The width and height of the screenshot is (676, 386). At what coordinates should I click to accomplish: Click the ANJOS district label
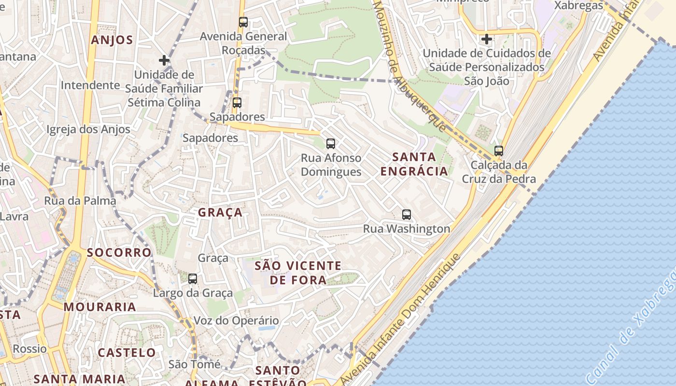112,40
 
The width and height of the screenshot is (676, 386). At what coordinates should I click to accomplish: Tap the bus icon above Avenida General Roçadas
243,22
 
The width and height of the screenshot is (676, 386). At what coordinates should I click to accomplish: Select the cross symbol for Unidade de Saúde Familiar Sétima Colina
164,60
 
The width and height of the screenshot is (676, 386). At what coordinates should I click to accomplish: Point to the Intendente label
90,85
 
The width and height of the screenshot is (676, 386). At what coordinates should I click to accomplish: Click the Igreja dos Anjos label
88,129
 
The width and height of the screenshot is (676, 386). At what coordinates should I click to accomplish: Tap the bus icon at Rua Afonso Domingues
331,143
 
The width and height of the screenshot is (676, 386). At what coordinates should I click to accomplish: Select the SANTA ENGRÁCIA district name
414,164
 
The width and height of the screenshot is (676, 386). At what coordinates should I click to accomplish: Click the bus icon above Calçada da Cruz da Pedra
499,151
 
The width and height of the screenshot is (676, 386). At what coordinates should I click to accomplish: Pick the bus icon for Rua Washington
407,215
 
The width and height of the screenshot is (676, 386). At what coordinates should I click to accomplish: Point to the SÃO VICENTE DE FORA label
298,273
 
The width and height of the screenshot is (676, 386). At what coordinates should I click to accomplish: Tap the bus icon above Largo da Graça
193,278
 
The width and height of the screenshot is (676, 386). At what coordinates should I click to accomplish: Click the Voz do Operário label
236,321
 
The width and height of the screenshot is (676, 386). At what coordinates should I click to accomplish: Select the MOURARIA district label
100,307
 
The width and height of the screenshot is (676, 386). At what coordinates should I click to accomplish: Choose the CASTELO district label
127,353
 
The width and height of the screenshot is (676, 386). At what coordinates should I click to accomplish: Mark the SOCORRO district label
119,252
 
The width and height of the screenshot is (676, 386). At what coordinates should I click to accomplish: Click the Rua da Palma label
80,201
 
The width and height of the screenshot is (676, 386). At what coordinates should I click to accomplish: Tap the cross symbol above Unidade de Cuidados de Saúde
487,39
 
